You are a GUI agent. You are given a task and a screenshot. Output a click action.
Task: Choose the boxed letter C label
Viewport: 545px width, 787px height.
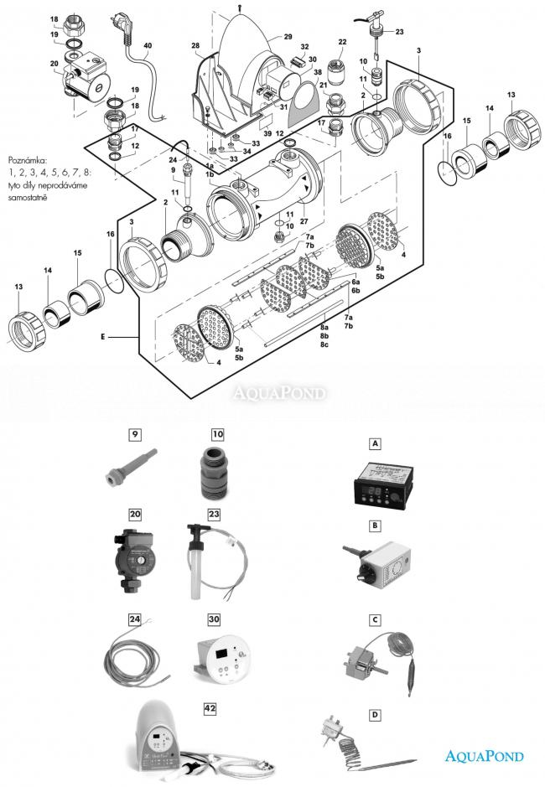376,620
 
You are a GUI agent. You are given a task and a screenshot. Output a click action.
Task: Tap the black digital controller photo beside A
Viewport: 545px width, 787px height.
376,485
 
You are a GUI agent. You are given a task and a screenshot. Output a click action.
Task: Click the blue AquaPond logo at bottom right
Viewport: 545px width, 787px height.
483,756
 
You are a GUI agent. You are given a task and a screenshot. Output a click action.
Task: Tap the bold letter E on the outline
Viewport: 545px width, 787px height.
102,337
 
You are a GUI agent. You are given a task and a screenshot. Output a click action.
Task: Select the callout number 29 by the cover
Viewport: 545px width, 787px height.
288,38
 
